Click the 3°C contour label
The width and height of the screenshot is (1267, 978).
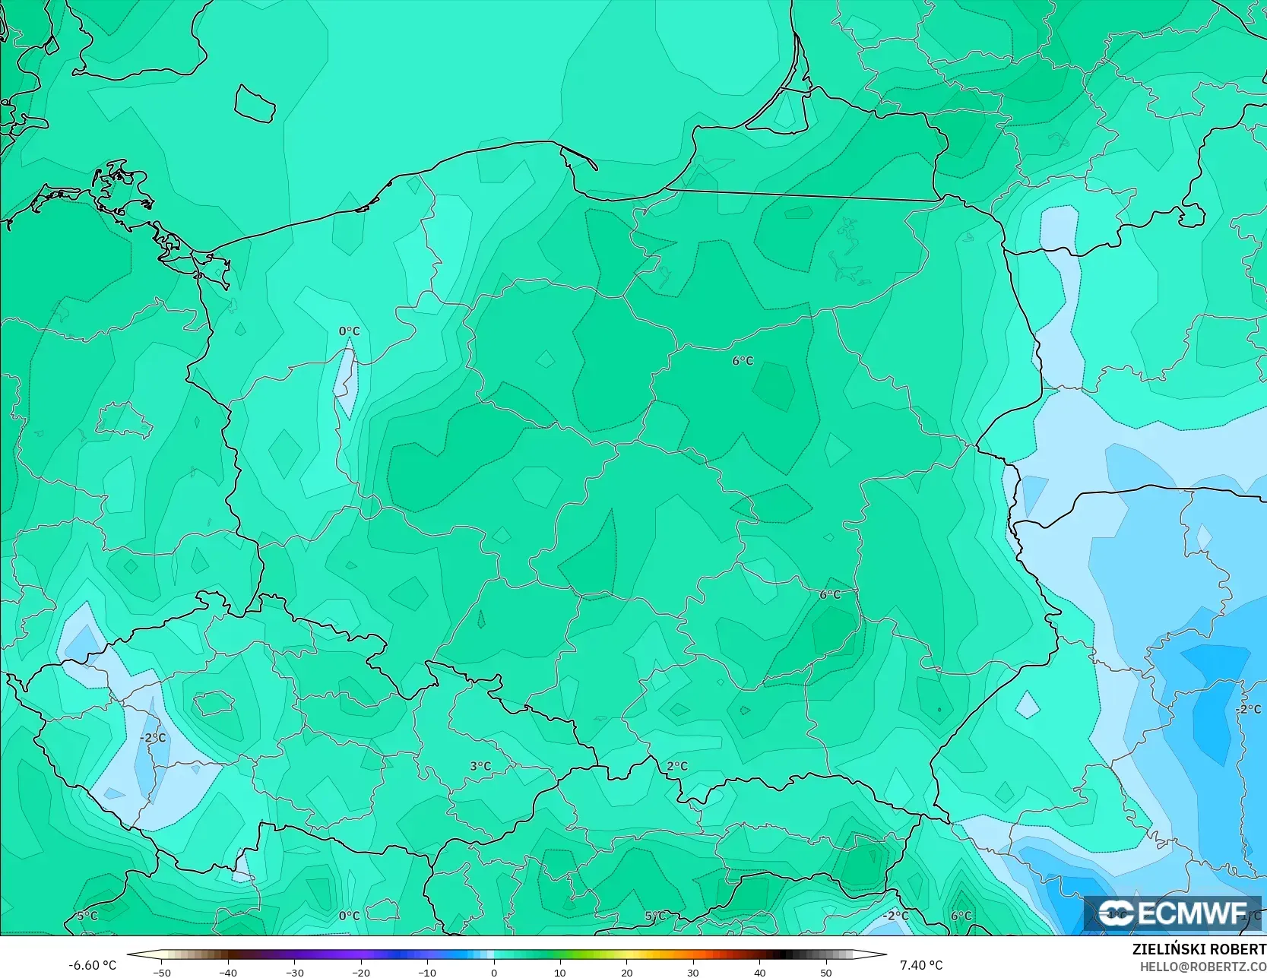(480, 766)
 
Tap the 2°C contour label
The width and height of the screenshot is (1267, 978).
(677, 766)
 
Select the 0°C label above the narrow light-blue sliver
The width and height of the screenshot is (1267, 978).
(350, 331)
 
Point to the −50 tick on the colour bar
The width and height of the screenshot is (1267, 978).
(161, 972)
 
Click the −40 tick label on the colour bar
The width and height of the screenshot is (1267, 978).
(228, 972)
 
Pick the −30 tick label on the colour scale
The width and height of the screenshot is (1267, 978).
(294, 972)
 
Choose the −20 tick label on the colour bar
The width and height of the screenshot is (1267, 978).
(361, 972)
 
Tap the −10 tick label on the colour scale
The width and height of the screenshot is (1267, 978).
(427, 972)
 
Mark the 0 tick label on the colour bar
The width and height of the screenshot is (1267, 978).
(494, 972)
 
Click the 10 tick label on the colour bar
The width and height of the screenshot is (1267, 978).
(560, 972)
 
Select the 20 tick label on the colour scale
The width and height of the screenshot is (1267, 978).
(626, 972)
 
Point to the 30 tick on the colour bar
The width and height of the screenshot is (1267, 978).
(693, 972)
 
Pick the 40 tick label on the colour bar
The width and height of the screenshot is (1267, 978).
(759, 972)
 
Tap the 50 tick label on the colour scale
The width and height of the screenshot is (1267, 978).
(826, 972)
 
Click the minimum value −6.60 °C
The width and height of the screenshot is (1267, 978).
(93, 965)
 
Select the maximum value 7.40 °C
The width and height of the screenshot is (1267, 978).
(921, 965)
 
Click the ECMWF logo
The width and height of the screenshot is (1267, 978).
(1173, 913)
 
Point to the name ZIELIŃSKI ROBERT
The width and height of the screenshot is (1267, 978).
(1199, 949)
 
